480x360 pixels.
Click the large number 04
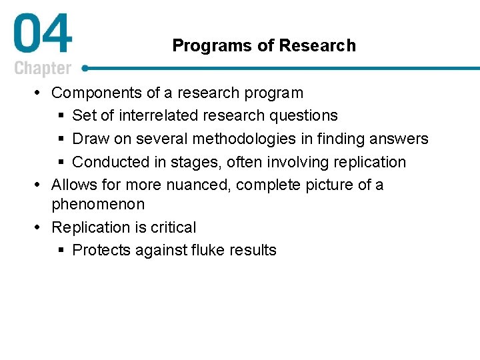[x=42, y=36]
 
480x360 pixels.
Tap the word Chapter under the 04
[x=43, y=68]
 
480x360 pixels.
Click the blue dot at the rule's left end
[x=86, y=67]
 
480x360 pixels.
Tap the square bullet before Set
[x=61, y=116]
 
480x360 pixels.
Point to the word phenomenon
[x=98, y=203]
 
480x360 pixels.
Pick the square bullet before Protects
[x=61, y=251]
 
